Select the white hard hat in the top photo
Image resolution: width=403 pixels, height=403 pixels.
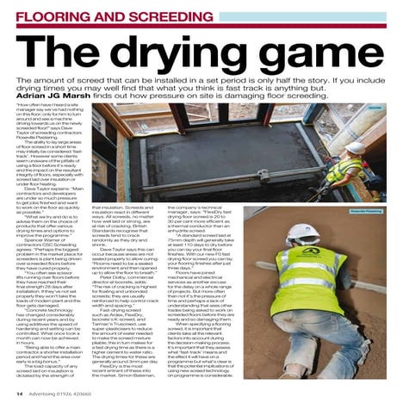click(x=353, y=147)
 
